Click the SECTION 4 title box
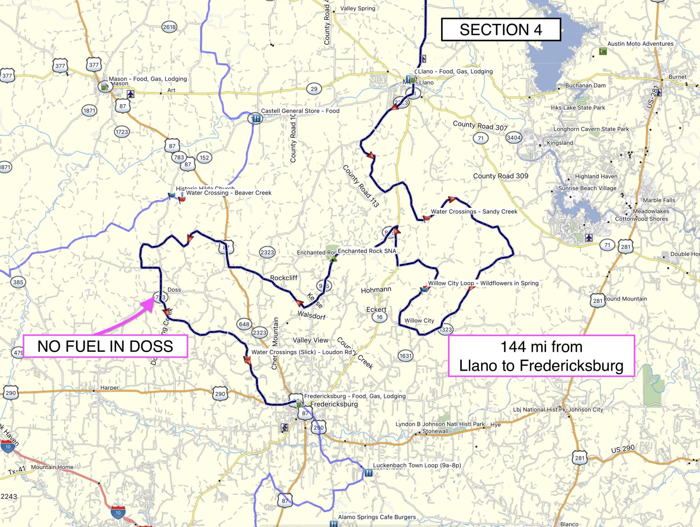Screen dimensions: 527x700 [501, 30]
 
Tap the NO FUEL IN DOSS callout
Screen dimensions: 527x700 [105, 346]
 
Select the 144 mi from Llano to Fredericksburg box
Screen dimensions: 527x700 [541, 356]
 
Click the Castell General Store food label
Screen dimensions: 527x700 [300, 111]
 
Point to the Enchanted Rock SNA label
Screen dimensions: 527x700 [367, 251]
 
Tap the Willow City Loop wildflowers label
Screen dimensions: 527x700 [483, 283]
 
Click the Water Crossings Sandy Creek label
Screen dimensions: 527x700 [474, 212]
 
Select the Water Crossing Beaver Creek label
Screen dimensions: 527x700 [229, 193]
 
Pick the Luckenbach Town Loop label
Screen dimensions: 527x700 [417, 465]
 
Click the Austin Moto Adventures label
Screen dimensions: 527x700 [640, 44]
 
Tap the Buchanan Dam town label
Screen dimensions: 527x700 [585, 85]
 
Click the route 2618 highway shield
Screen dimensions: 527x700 [169, 27]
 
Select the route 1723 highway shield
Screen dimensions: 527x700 [122, 132]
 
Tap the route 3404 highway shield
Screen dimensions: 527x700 [514, 138]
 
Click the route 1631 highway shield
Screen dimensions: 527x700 [406, 356]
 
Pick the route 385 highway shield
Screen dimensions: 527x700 [18, 282]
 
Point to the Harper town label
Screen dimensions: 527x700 [109, 388]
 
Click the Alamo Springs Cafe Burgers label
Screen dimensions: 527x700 [377, 517]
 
